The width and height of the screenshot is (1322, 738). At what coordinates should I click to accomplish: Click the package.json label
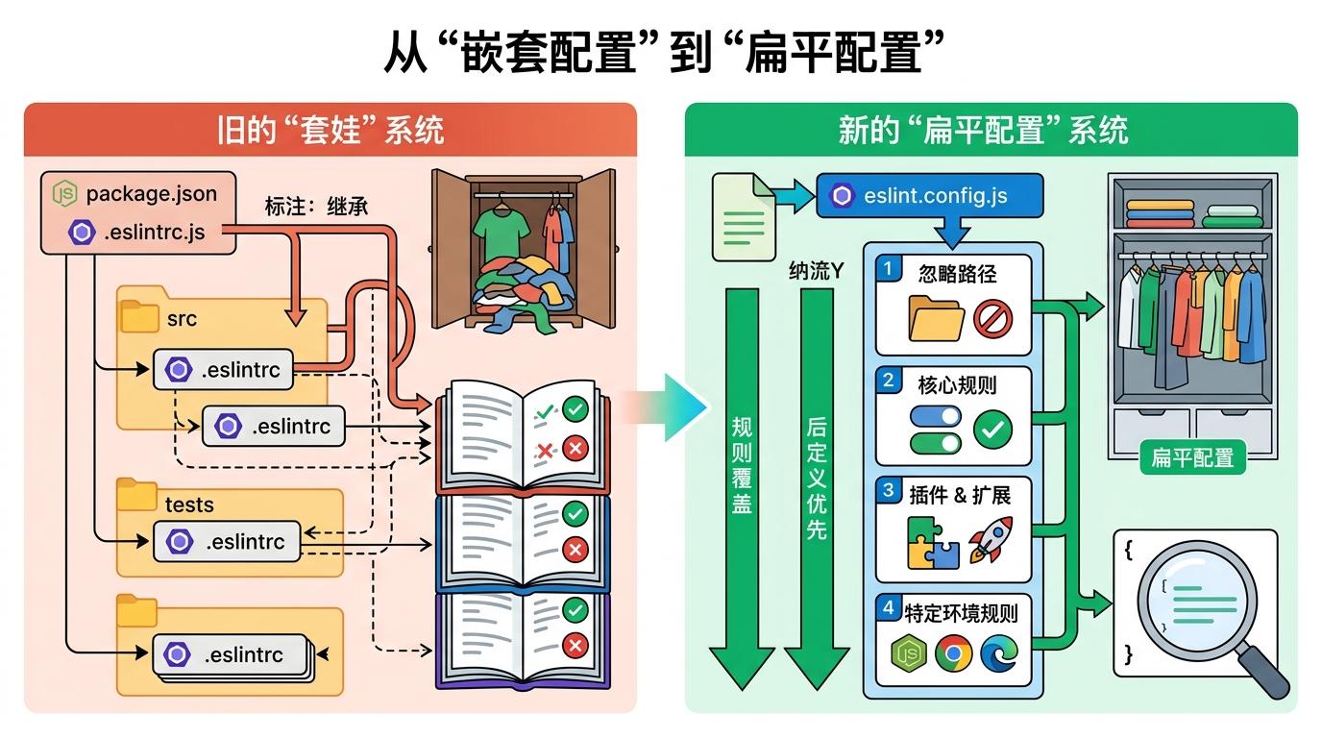(151, 193)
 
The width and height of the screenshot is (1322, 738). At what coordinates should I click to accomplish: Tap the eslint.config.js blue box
(928, 196)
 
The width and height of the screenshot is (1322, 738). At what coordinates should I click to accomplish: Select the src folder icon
(140, 316)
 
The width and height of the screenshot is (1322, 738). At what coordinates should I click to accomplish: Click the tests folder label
(189, 504)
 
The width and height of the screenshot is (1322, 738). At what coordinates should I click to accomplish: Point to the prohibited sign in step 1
(992, 318)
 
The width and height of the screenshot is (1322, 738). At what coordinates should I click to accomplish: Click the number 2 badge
(889, 381)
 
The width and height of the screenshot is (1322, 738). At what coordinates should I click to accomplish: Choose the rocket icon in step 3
(991, 539)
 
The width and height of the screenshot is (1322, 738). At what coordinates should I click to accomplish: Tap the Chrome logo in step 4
(953, 653)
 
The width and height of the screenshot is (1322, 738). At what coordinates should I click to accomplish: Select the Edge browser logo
(997, 653)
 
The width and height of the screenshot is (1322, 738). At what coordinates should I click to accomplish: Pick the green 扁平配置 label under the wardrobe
(1191, 457)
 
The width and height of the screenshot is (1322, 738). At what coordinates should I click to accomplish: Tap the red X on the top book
(575, 448)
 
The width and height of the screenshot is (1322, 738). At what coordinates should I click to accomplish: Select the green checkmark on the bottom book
(575, 609)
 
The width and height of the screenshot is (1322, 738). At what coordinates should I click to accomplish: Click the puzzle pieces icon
(933, 543)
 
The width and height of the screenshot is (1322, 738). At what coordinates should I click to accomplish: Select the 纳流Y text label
(816, 271)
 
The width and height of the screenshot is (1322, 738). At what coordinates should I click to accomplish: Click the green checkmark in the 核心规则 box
(992, 430)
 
